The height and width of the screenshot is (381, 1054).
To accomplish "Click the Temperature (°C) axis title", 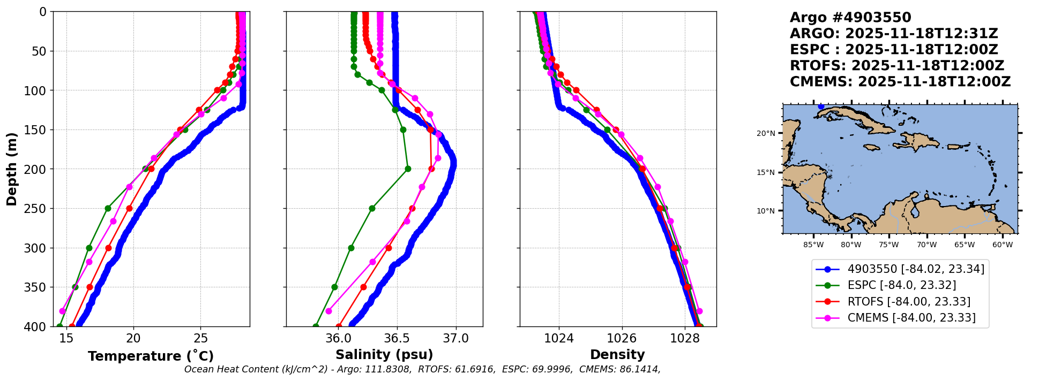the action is click(x=151, y=356).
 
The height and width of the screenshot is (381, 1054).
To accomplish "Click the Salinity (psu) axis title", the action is click(x=384, y=355).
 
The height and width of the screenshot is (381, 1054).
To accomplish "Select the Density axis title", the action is click(x=617, y=355).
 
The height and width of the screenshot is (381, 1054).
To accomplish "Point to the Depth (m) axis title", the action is click(x=12, y=169).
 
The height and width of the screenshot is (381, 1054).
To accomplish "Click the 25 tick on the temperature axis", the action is click(x=201, y=338).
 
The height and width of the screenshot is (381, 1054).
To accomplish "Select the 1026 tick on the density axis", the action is click(x=622, y=338).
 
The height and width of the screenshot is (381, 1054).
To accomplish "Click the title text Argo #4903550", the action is click(x=850, y=18).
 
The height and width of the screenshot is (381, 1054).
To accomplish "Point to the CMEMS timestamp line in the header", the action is click(x=900, y=82).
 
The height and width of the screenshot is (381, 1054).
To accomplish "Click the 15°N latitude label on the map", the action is click(x=766, y=172).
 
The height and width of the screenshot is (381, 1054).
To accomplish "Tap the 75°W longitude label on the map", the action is click(x=889, y=245).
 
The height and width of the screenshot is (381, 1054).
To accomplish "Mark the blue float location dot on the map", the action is click(x=821, y=106).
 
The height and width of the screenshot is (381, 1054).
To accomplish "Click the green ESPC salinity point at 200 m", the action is click(x=408, y=169).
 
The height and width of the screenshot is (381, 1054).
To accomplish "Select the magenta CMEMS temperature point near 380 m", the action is click(x=62, y=311).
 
